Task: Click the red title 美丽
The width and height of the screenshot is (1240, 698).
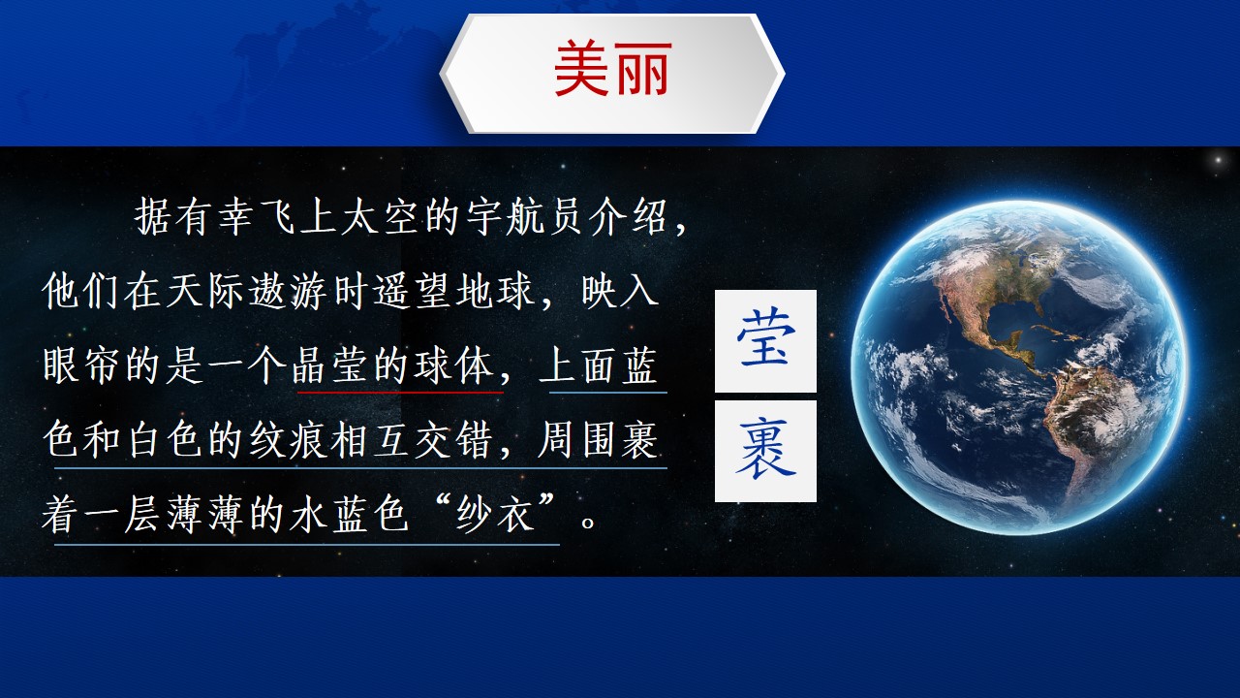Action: tap(613, 68)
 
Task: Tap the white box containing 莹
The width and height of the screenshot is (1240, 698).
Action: tap(765, 340)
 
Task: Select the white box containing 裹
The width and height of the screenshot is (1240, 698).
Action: tap(765, 451)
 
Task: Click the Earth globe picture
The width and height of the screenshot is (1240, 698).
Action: tap(1018, 367)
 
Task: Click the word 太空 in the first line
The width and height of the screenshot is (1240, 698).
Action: tap(381, 216)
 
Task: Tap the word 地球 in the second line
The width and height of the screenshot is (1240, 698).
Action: tap(494, 291)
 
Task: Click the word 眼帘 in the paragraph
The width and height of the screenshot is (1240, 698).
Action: tap(81, 365)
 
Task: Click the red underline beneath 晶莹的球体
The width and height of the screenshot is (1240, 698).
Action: tap(400, 393)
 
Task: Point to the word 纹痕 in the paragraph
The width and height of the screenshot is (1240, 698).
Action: tap(289, 440)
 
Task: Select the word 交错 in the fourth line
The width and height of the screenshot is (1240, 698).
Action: tap(452, 440)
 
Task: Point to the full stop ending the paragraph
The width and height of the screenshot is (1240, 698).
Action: tap(588, 522)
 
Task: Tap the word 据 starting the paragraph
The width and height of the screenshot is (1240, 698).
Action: tap(152, 216)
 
